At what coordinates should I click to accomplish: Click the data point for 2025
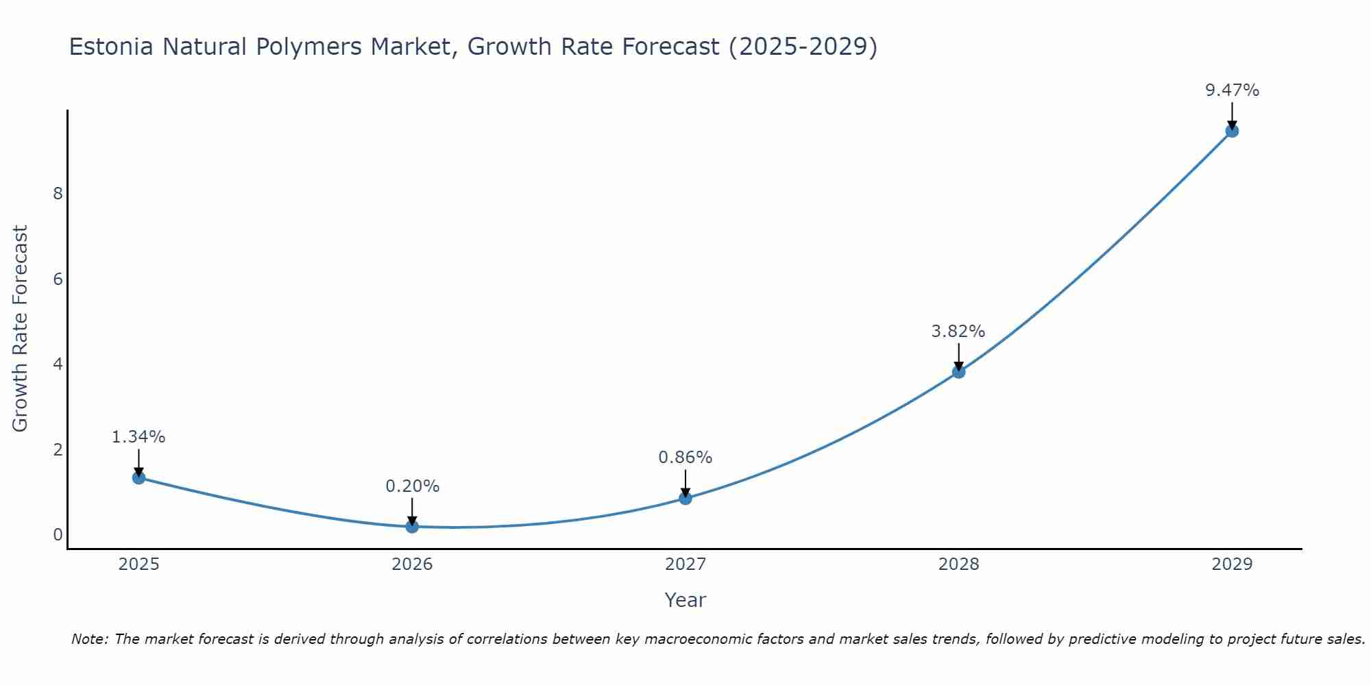click(x=138, y=477)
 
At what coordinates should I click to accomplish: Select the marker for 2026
click(x=412, y=526)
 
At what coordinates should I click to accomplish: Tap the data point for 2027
click(x=685, y=498)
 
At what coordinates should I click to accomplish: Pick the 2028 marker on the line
click(x=958, y=372)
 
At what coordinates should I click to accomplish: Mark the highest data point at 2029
click(x=1232, y=131)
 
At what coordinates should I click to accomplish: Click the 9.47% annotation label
click(x=1232, y=90)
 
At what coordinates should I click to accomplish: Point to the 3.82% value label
click(x=958, y=332)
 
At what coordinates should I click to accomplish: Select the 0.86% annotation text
click(x=685, y=458)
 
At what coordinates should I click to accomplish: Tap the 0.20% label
click(x=412, y=486)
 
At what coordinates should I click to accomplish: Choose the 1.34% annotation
click(x=138, y=437)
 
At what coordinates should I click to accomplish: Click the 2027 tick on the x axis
click(x=685, y=564)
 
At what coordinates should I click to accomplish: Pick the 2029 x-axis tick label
click(x=1232, y=564)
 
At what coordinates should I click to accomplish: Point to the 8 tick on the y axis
click(x=58, y=194)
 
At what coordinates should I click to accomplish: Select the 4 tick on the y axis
click(x=58, y=364)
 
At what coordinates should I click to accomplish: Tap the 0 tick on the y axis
click(x=58, y=534)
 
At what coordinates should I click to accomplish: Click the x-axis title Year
click(x=685, y=600)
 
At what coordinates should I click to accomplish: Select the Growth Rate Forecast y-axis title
click(x=21, y=329)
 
